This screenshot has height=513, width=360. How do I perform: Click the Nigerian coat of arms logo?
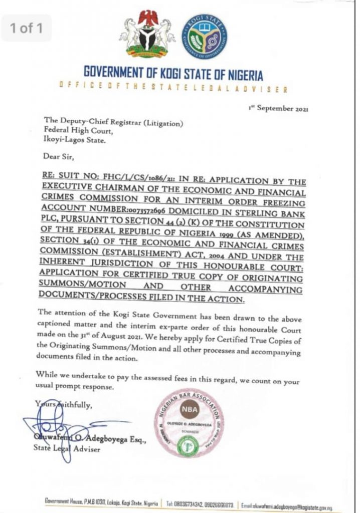[x=147, y=35]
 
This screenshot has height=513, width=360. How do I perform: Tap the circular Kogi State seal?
[x=204, y=35]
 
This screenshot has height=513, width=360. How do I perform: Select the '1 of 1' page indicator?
[x=29, y=28]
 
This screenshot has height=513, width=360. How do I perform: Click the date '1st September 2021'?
[x=279, y=108]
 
